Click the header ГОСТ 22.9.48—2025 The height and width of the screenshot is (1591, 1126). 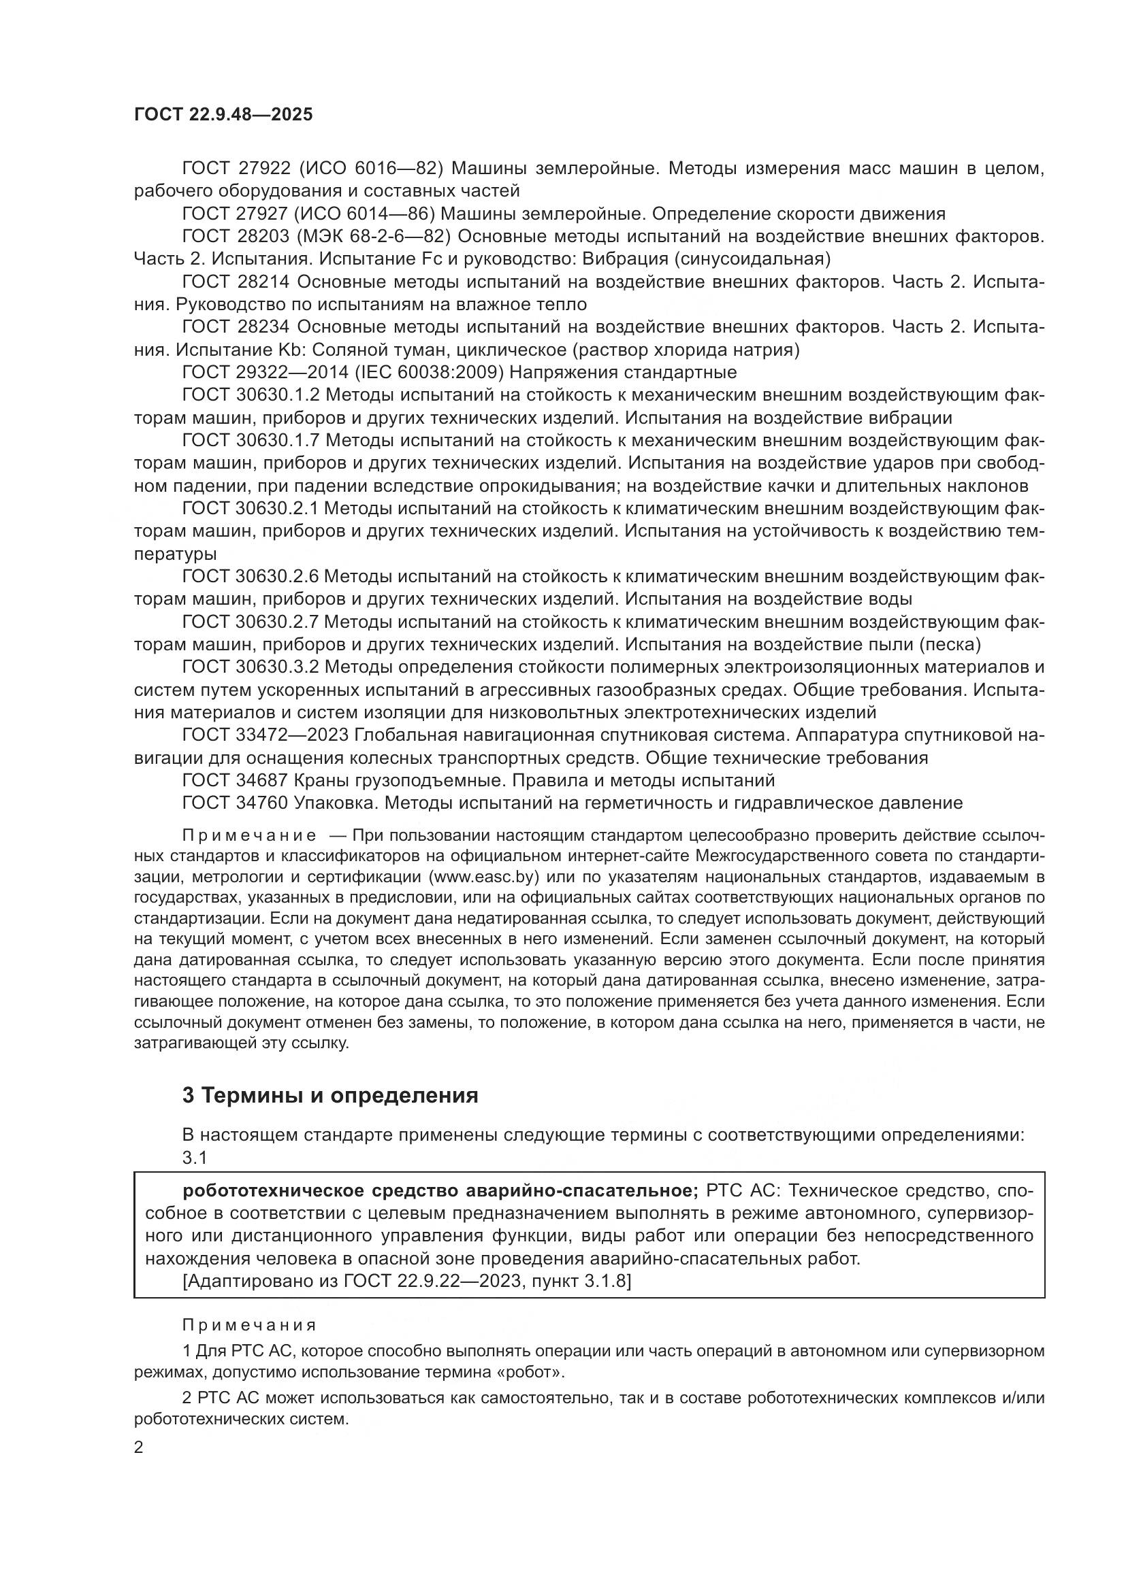point(223,114)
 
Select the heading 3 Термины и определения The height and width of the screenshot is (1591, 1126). point(330,1095)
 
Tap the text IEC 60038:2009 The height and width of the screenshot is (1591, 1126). point(429,372)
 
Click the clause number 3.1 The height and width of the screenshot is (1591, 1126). point(195,1157)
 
